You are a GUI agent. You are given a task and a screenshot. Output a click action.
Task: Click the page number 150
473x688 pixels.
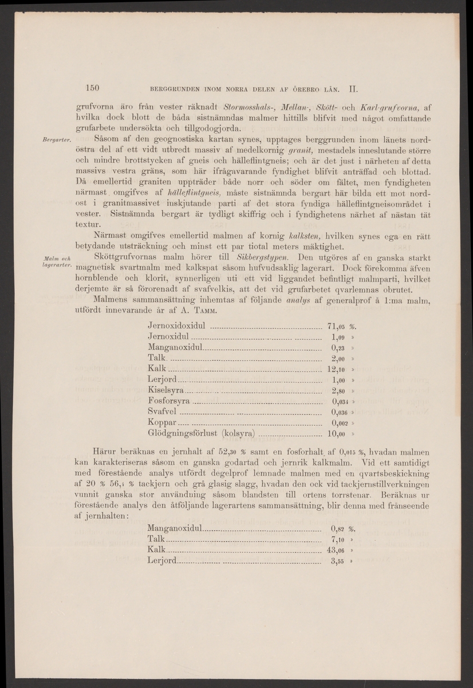tap(93, 88)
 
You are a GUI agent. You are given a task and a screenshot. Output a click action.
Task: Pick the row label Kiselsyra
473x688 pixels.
tap(165, 391)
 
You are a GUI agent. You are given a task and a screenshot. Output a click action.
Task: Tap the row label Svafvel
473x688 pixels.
tap(163, 412)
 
